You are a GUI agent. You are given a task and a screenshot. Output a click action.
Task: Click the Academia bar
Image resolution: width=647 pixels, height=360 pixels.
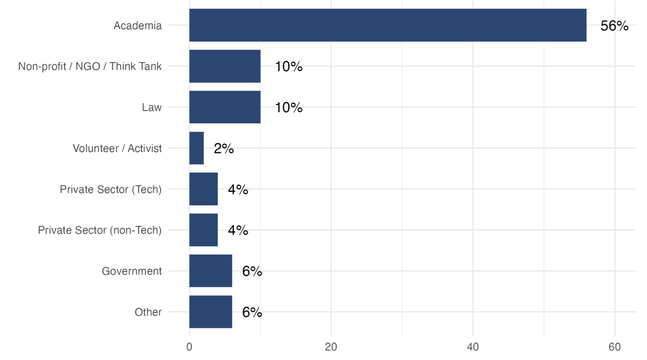point(388,25)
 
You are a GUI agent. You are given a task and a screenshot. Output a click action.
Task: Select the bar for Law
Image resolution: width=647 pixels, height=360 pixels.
point(225,107)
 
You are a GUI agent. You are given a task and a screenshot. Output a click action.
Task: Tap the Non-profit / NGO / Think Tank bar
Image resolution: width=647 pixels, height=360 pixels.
point(225,66)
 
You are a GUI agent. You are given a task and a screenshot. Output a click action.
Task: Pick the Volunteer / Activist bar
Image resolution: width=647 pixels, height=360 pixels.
point(196,148)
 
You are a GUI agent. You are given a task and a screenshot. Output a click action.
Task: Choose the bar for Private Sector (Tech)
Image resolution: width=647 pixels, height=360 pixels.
point(203,189)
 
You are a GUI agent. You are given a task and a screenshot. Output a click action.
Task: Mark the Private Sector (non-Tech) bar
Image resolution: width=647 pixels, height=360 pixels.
point(203,230)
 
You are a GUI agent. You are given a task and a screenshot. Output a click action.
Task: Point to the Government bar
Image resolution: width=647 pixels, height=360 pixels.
point(210,271)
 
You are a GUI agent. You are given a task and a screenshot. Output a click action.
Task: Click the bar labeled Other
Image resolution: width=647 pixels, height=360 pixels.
point(210,312)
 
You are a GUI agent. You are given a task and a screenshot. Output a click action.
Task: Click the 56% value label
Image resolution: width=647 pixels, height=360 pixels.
point(614,26)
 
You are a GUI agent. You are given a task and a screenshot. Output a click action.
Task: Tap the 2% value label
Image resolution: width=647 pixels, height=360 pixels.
point(224,148)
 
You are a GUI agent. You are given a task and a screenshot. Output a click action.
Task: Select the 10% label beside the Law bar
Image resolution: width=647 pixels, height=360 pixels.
point(288,108)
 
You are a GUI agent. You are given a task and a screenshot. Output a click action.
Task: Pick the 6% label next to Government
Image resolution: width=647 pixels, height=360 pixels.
point(252,271)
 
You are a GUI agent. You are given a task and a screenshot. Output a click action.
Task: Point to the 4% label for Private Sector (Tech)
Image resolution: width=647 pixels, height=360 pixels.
point(238,189)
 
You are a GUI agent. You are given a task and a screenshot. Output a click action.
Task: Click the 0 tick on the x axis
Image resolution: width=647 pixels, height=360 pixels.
point(189,347)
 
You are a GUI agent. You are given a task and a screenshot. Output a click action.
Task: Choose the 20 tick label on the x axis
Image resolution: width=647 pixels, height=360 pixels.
point(331,347)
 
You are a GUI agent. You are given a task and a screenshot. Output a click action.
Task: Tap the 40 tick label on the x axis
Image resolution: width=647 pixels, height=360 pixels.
point(473,347)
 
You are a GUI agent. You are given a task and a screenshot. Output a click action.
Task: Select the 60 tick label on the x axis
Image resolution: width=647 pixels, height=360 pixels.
point(614,347)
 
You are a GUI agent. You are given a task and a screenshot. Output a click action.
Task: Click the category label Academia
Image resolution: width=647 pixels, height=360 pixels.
point(138,26)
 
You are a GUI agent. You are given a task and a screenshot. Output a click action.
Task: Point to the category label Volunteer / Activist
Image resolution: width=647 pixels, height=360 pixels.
point(117,148)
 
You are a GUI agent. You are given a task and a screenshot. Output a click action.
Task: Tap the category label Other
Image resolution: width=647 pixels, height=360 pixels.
point(148,312)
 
